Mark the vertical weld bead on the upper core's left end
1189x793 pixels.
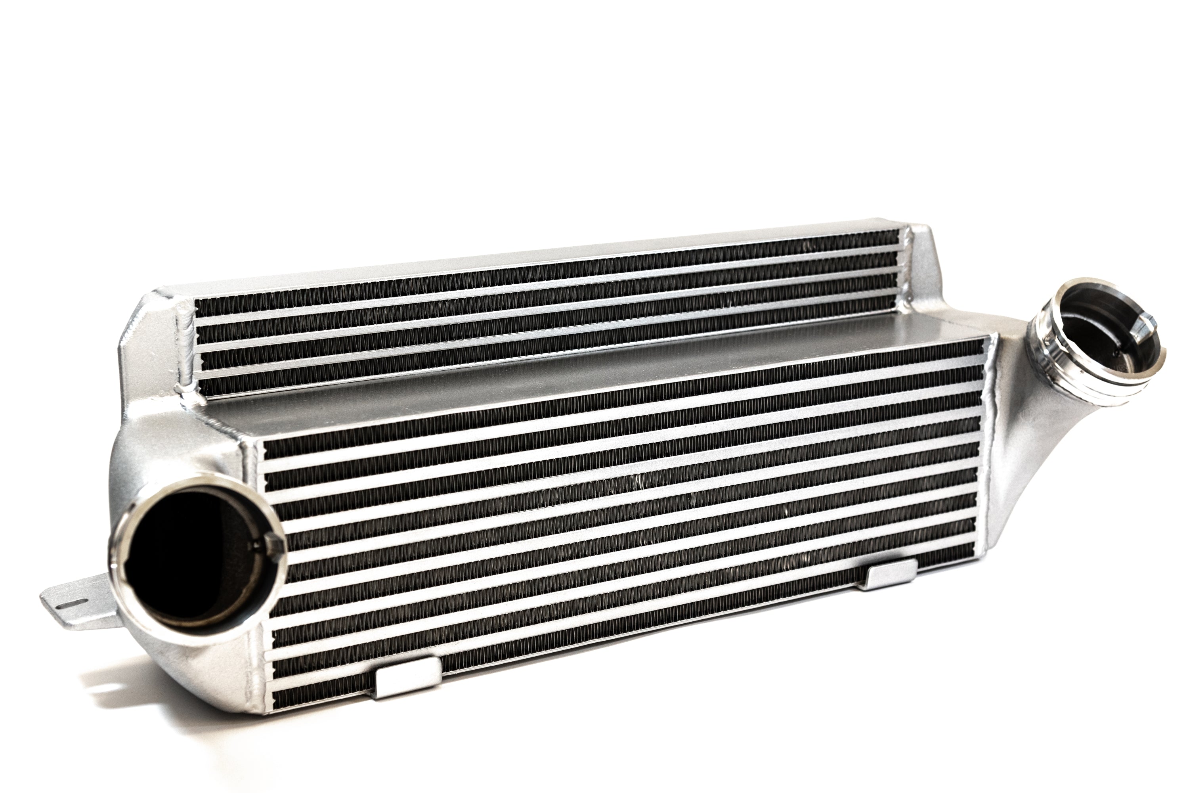[x=185, y=349]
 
